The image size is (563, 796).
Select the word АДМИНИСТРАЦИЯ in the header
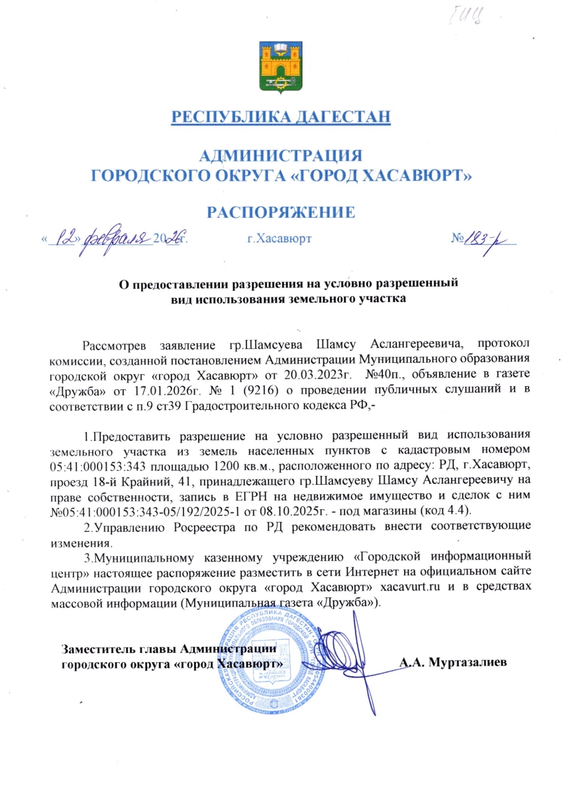pos(281,156)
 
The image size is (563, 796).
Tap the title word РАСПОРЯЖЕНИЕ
pos(281,212)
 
